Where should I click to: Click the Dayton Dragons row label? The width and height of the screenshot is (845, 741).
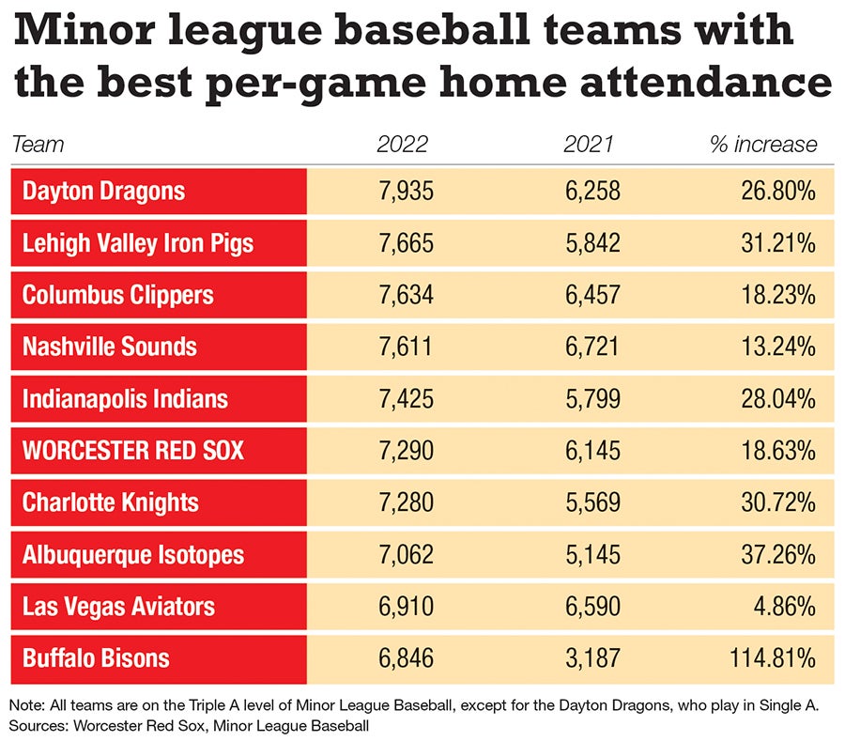click(x=103, y=192)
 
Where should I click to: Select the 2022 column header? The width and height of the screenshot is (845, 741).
click(x=402, y=145)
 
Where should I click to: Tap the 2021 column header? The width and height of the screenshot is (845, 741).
click(x=589, y=145)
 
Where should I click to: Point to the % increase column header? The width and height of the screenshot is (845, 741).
click(x=763, y=145)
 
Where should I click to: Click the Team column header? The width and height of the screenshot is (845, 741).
click(x=38, y=145)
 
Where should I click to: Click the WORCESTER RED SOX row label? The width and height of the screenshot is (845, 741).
click(x=132, y=450)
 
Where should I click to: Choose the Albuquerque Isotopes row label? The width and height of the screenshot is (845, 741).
click(x=132, y=554)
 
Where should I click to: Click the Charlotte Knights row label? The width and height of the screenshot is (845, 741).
click(x=110, y=502)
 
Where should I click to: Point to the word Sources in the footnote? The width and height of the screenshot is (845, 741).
click(x=35, y=726)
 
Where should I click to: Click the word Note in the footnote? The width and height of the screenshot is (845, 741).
click(x=25, y=705)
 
